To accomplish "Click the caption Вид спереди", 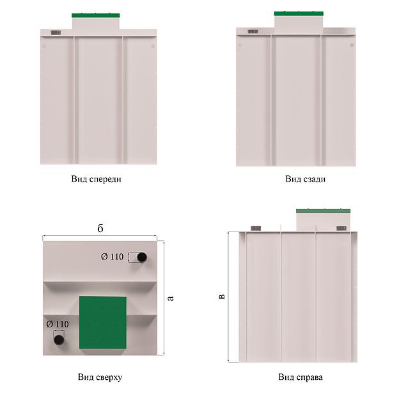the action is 96,179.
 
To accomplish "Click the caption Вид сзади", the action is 306,179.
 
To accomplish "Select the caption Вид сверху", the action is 100,377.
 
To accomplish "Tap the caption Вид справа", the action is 301,377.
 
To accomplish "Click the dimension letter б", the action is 100,228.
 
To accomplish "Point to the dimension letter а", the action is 171,298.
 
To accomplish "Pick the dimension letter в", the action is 222,297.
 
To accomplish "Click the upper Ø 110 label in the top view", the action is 113,256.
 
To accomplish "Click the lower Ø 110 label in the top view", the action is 58,324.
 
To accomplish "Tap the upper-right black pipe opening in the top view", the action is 142,257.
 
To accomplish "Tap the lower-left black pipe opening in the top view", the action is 59,340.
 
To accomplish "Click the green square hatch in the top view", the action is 103,323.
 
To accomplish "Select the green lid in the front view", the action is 96,15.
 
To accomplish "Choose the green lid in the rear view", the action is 299,13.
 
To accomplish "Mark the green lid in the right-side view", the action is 323,211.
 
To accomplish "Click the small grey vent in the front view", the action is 56,33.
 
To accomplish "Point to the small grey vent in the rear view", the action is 253,31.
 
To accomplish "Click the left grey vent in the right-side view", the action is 256,228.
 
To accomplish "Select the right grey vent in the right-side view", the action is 341,228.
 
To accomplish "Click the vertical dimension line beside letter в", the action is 229,297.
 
